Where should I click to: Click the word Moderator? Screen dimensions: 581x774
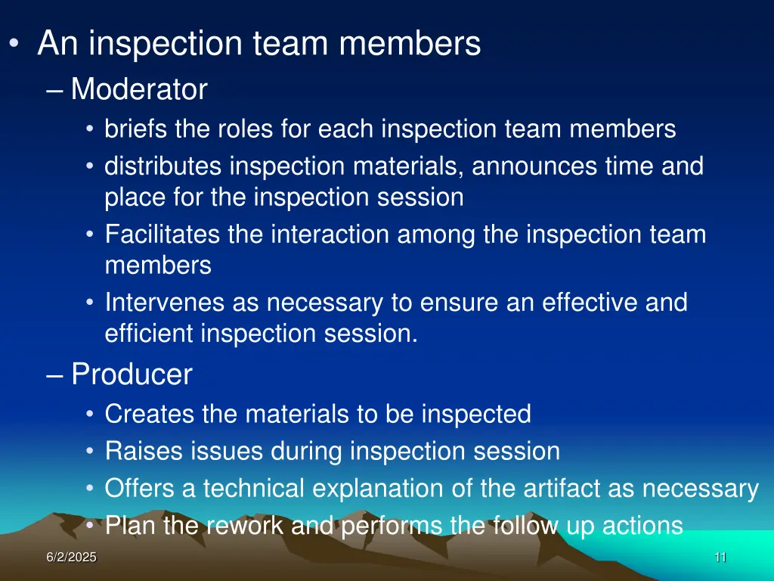139,90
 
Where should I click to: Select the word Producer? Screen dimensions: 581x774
132,374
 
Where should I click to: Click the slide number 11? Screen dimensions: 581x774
720,558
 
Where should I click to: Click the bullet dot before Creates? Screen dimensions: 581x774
90,415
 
